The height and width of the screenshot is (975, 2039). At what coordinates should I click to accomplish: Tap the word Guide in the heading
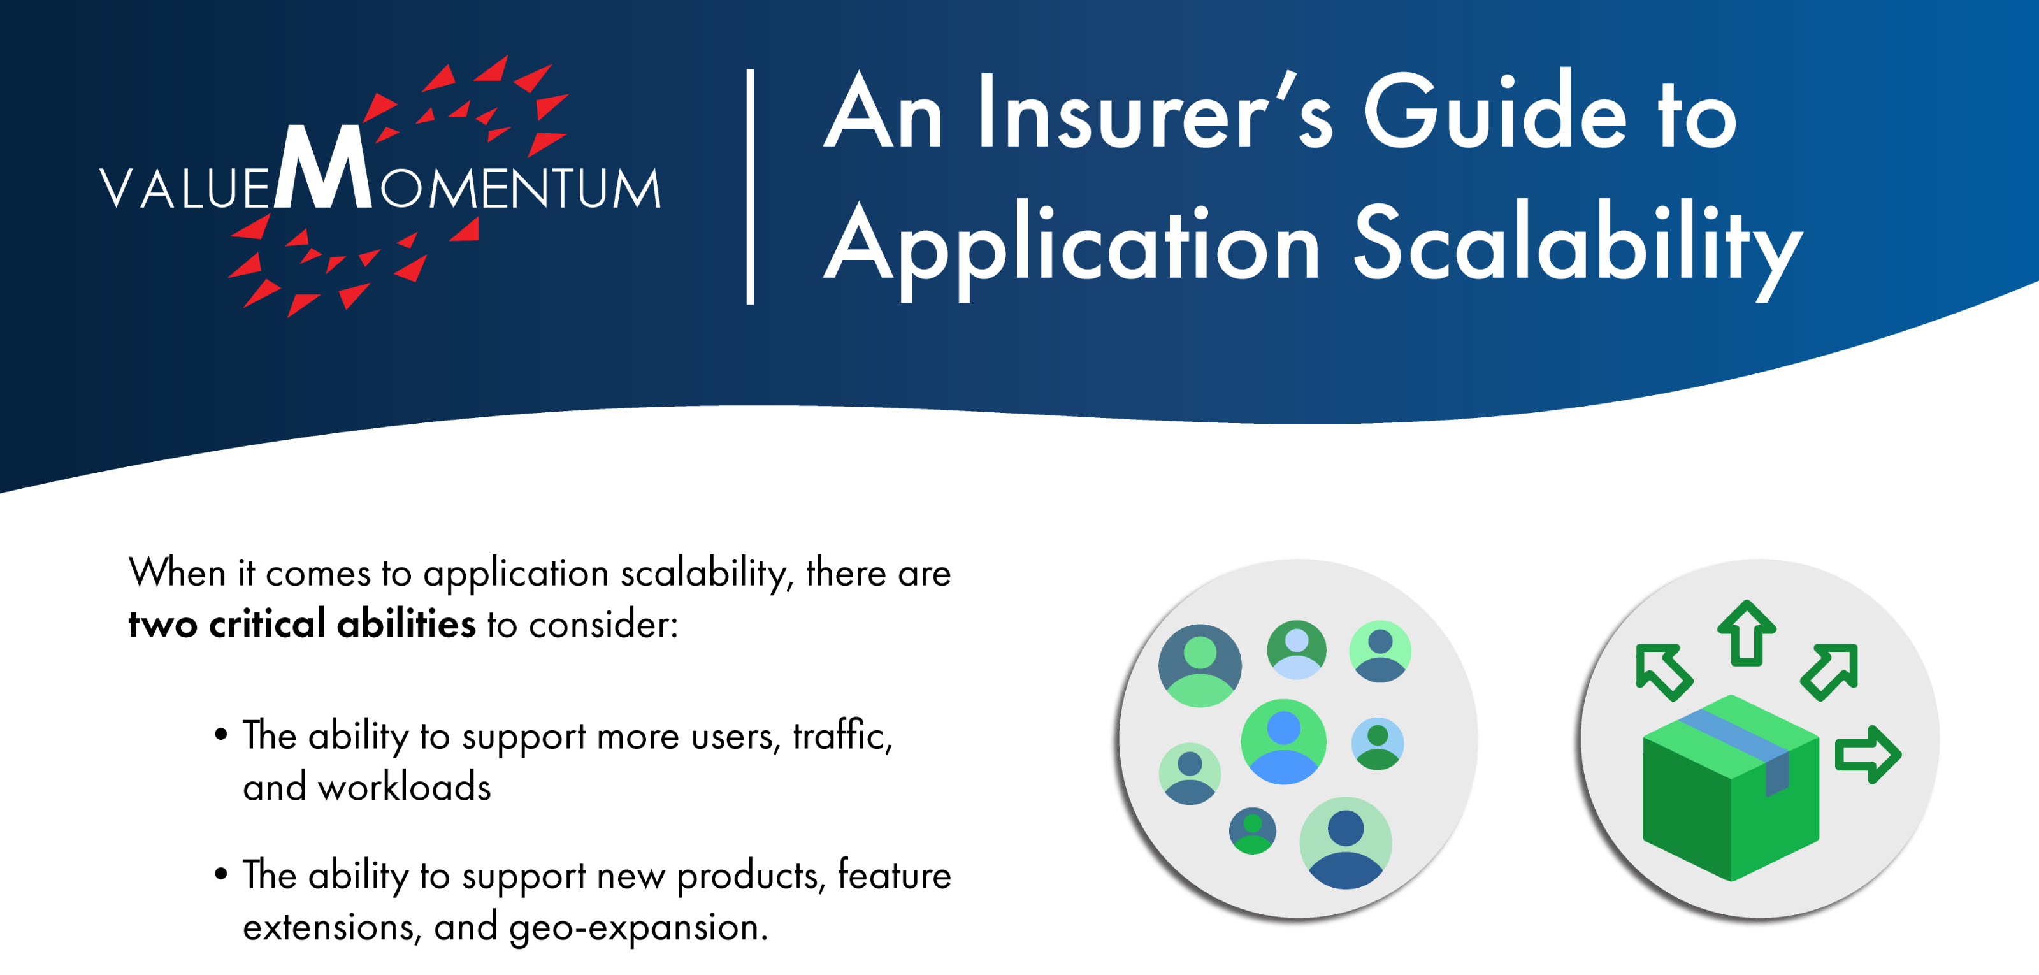[1496, 110]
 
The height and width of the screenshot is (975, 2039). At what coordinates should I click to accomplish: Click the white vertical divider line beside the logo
[751, 187]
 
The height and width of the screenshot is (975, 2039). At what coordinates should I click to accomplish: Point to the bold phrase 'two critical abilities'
[303, 624]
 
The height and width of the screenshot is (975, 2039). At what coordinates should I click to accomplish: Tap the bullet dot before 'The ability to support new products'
[221, 874]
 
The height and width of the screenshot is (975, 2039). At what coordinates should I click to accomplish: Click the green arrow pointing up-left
[1663, 672]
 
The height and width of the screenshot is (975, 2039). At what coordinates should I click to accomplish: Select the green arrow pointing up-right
[1830, 672]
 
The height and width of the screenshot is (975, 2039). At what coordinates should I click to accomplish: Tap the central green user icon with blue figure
[1283, 742]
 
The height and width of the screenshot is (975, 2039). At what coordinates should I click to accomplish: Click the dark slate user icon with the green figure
[1200, 665]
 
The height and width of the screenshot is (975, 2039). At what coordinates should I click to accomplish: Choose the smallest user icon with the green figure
[1252, 830]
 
